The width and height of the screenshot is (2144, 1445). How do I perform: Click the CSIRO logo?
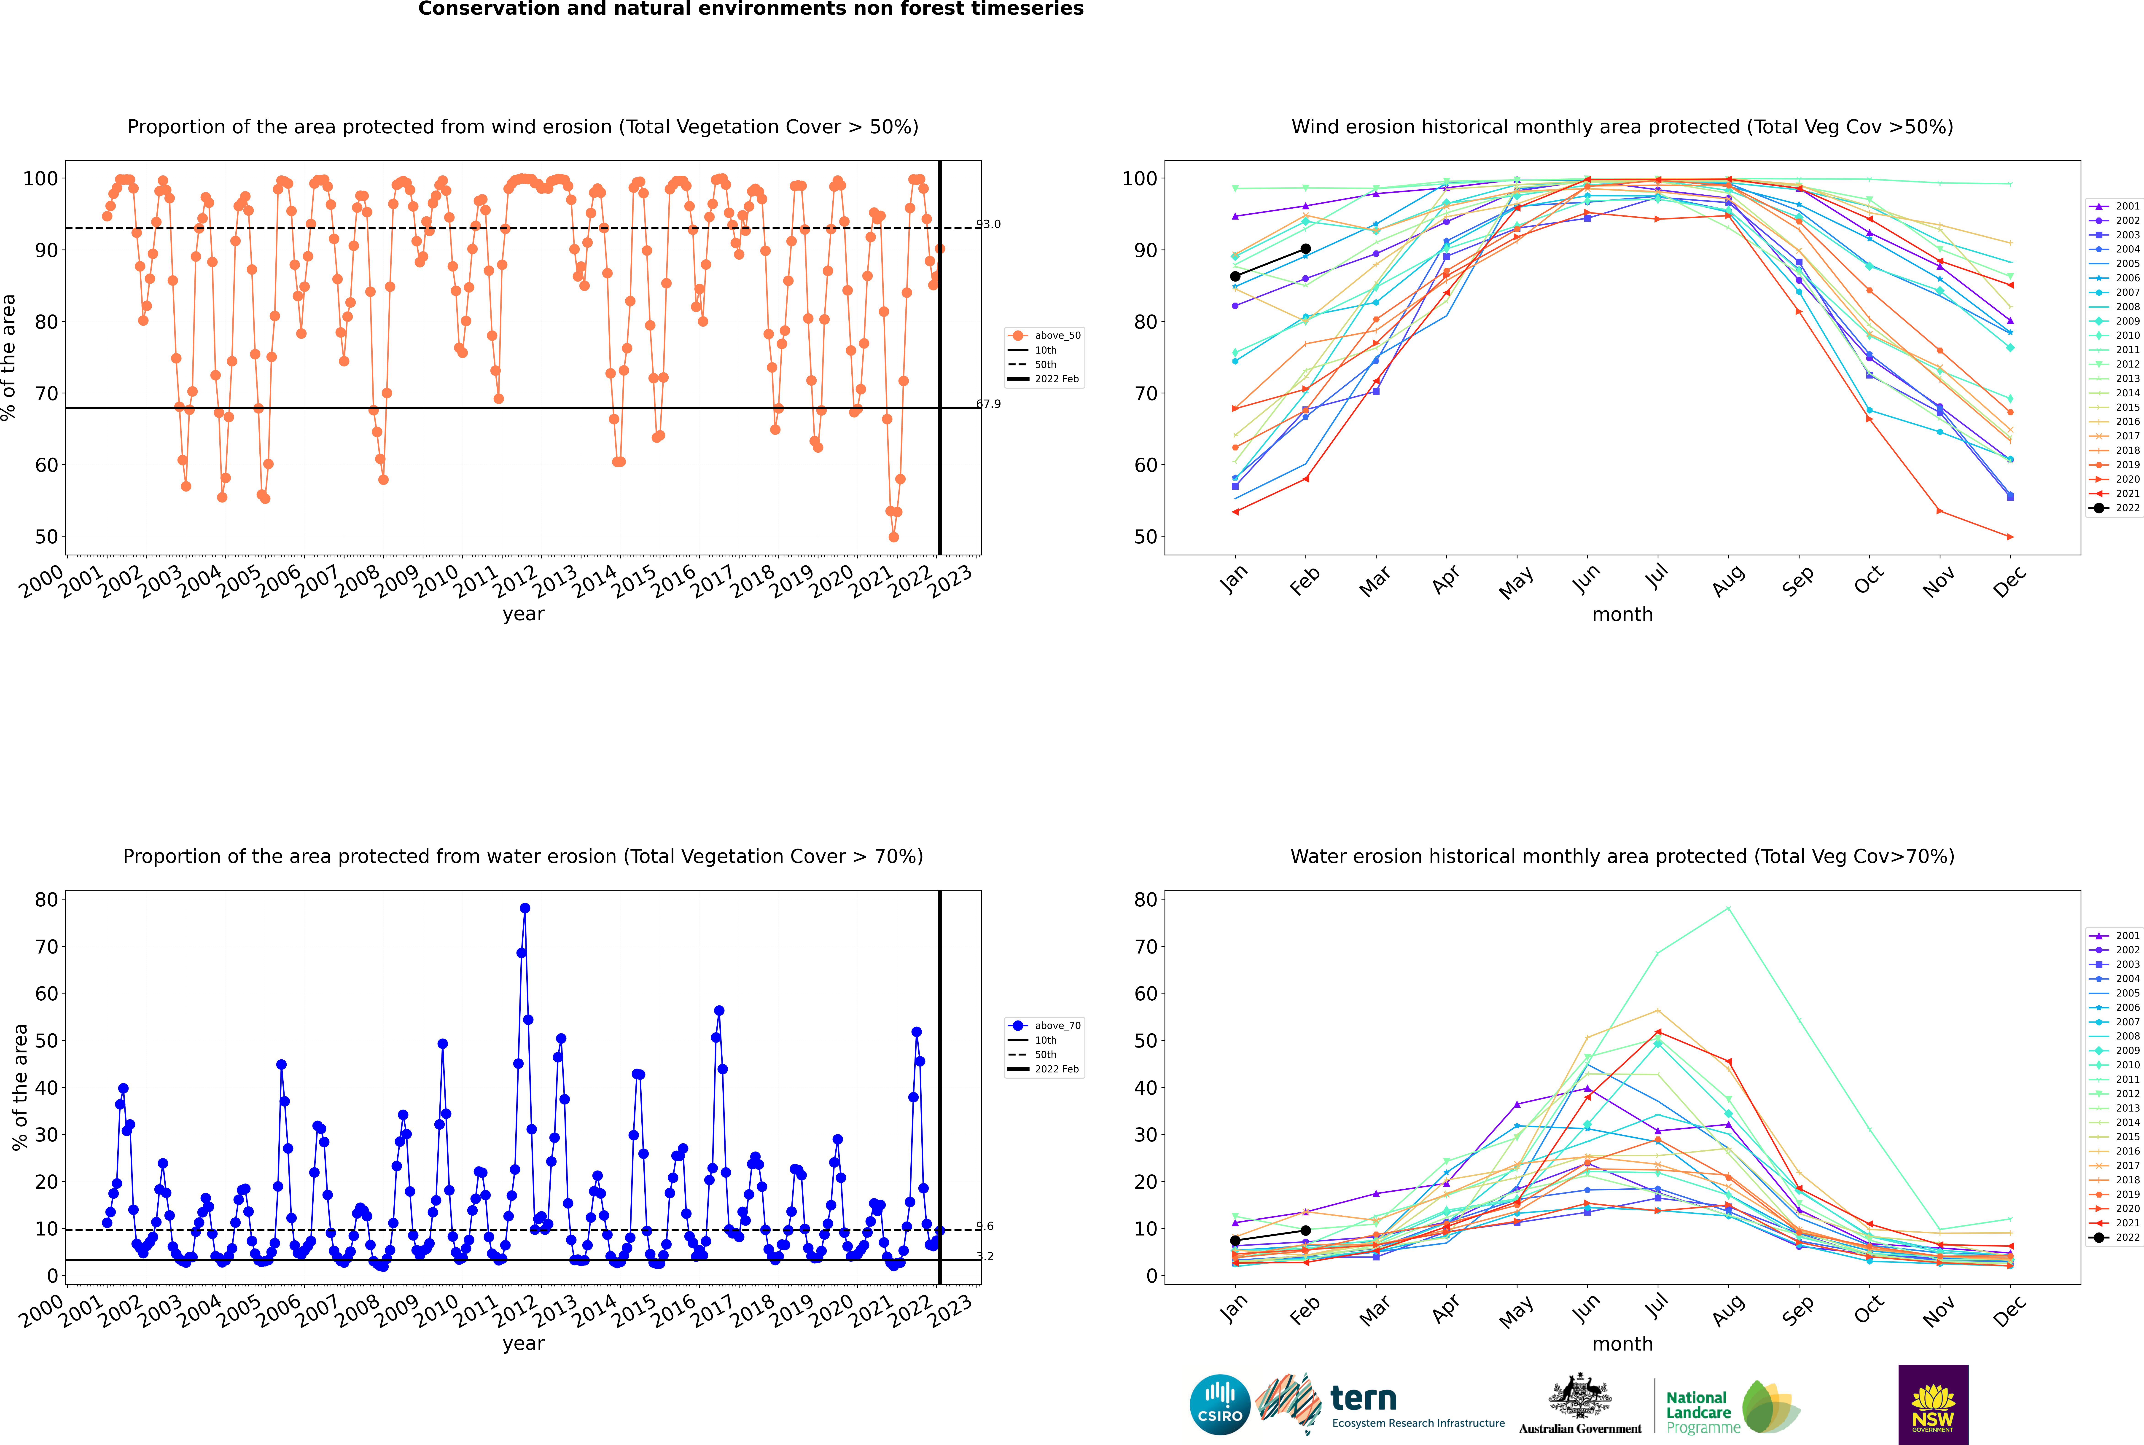(x=1219, y=1405)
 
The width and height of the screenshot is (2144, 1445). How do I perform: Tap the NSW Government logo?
(x=1933, y=1404)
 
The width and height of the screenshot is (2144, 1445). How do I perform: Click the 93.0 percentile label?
(x=988, y=224)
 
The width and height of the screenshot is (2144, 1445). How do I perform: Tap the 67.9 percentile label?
(x=988, y=404)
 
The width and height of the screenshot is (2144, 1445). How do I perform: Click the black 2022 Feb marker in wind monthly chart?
(x=1305, y=249)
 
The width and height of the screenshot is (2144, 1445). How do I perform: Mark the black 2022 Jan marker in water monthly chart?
(x=1235, y=1240)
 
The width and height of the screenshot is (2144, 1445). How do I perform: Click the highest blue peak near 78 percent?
(x=525, y=908)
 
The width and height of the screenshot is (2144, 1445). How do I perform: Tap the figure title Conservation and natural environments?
(x=750, y=9)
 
